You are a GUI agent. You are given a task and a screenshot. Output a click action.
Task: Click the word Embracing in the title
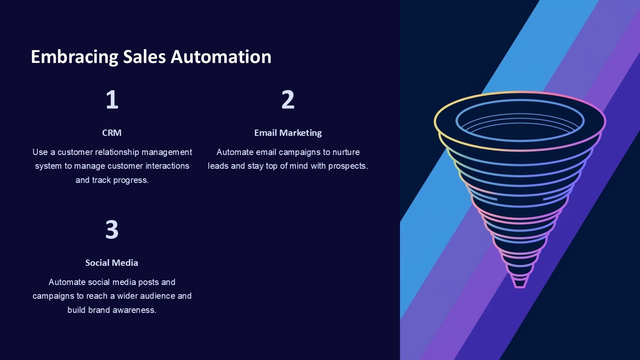point(74,57)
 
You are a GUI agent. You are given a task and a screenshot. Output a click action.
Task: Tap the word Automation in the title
point(221,57)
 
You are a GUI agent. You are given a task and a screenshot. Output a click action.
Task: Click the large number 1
point(112,100)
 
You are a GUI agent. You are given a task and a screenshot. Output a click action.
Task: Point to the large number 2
point(288,100)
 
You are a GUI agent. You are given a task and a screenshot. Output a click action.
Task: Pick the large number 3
point(112,230)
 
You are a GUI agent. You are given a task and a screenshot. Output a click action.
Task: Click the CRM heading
point(112,133)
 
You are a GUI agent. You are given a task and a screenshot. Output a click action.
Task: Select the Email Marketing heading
point(288,133)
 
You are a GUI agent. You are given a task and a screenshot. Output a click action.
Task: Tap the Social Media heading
point(112,263)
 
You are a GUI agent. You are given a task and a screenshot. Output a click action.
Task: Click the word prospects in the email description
point(348,166)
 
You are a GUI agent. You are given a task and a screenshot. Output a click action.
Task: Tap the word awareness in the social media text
point(134,310)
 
